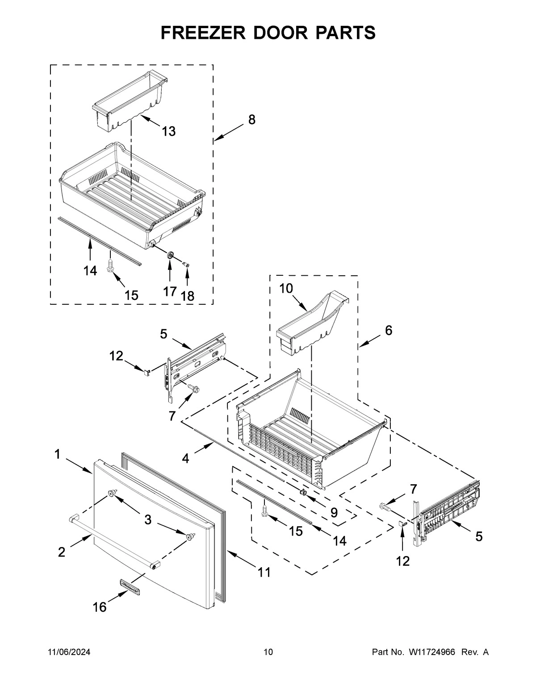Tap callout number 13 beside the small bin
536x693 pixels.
point(168,131)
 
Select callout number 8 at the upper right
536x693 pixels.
point(252,120)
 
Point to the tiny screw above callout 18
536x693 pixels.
point(187,265)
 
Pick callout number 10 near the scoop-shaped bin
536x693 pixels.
point(286,288)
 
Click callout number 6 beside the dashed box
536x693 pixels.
point(389,331)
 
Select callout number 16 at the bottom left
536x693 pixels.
point(100,607)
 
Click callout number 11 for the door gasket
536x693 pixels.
point(264,572)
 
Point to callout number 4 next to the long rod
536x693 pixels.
point(185,458)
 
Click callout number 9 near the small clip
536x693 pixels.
point(334,513)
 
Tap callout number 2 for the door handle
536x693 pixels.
point(62,552)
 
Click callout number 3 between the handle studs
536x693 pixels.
point(147,519)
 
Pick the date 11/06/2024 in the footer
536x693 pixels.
point(69,652)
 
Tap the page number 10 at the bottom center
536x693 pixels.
point(268,652)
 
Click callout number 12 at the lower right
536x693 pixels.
point(402,561)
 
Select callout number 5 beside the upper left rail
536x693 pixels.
point(163,333)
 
